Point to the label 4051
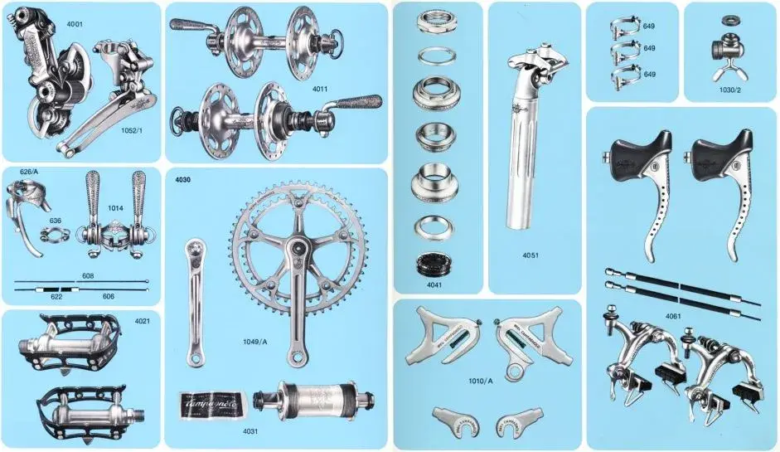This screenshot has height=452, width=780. [531, 255]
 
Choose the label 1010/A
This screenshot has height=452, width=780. [481, 382]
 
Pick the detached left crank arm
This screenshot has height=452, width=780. [194, 303]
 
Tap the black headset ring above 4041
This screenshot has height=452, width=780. [435, 264]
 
